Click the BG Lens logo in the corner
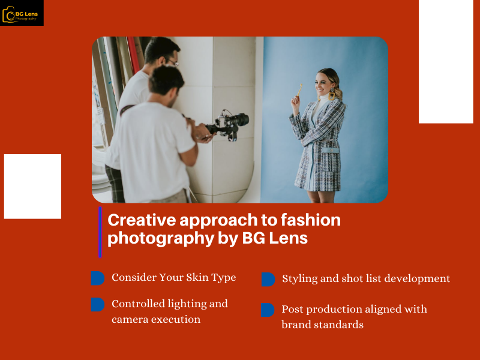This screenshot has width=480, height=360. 22,13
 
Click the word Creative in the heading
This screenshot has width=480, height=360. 138,220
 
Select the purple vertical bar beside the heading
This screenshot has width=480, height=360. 100,232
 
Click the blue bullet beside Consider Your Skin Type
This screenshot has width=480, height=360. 97,278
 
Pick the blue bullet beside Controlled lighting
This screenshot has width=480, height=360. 97,304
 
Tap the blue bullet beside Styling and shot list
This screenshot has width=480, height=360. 268,279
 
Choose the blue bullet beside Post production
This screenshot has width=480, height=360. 268,310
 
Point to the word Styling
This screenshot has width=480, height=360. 301,278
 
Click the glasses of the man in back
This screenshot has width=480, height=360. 172,61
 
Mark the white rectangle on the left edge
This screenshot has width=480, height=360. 32,186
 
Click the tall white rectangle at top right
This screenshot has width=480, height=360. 446,61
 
